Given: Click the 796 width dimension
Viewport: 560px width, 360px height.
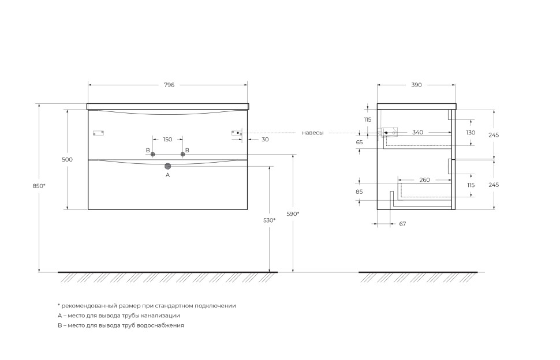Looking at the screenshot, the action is click(x=169, y=85).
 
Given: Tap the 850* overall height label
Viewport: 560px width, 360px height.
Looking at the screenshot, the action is click(x=39, y=186).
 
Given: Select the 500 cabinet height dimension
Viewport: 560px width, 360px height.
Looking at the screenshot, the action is click(x=67, y=159).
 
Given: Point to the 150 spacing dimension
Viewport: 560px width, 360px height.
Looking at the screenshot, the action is click(x=167, y=140).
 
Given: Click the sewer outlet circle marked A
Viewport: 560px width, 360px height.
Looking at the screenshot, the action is click(x=168, y=166).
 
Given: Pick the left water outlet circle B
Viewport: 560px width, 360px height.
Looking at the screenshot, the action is click(x=153, y=154).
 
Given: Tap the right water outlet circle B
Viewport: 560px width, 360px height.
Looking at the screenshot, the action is click(x=183, y=154).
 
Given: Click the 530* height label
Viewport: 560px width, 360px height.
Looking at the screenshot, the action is click(x=269, y=220).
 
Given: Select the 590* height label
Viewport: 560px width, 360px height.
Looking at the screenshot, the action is click(x=293, y=214).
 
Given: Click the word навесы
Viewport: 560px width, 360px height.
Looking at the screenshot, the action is click(x=313, y=133).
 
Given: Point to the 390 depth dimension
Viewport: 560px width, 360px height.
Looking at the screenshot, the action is click(x=416, y=85).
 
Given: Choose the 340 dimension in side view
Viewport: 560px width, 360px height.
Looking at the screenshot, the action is click(x=418, y=132).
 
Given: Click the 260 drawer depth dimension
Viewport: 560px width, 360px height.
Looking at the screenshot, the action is click(x=425, y=180).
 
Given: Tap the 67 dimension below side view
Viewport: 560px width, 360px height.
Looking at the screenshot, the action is click(x=402, y=224).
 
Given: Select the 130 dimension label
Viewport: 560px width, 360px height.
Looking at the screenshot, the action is click(x=471, y=133).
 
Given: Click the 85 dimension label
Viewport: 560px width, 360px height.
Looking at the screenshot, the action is click(x=359, y=192).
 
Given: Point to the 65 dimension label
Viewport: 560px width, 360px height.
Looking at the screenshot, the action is click(x=359, y=142).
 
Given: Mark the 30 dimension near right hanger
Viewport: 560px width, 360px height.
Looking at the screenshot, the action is click(x=265, y=140).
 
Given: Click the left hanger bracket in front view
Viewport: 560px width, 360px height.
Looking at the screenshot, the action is click(x=98, y=133).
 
